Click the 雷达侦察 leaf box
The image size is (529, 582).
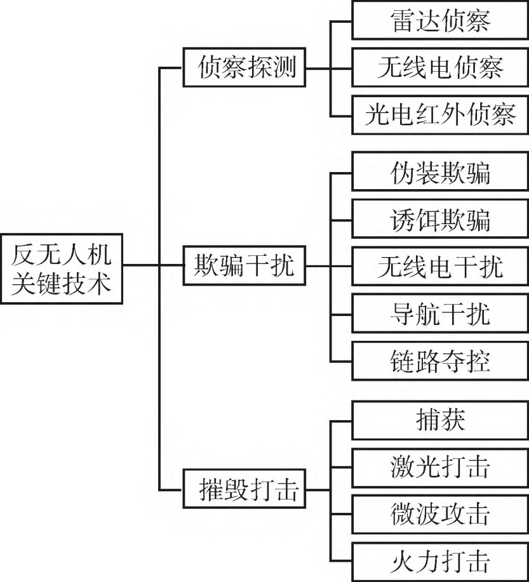click(439, 22)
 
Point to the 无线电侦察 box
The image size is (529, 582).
click(439, 67)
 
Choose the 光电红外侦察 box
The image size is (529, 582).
click(439, 114)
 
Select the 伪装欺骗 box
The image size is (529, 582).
click(439, 171)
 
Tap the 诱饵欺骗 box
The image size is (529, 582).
click(439, 219)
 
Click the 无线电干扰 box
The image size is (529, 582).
click(439, 267)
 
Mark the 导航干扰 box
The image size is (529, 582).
click(439, 314)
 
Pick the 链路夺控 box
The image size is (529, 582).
click(439, 362)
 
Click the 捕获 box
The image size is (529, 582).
click(439, 420)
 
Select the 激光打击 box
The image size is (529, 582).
click(439, 467)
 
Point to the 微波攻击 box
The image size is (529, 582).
click(439, 514)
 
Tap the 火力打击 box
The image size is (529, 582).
click(439, 562)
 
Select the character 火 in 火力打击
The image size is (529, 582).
click(402, 562)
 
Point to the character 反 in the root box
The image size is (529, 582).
click(25, 254)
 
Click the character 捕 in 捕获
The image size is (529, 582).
click(422, 420)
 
